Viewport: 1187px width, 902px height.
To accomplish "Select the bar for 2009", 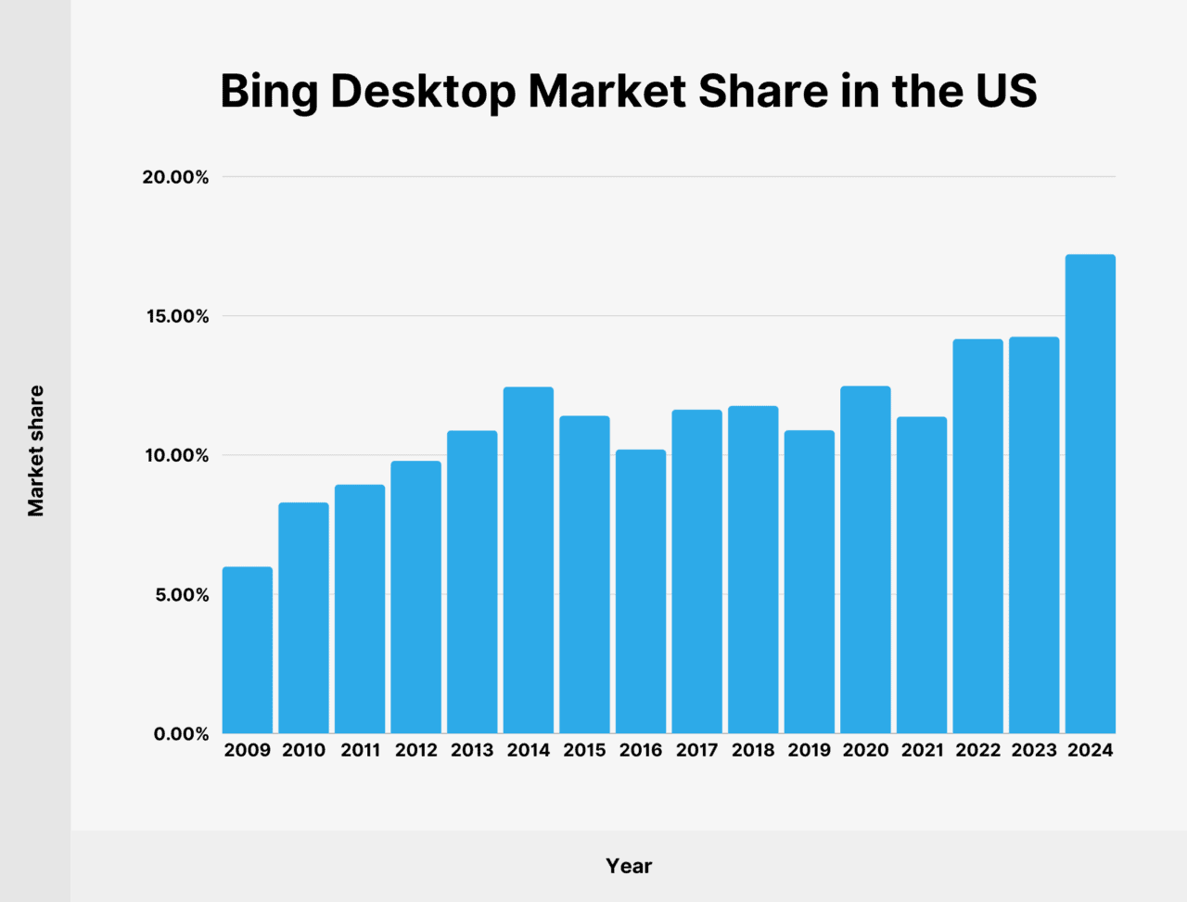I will [x=248, y=650].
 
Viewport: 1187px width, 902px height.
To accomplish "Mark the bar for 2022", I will [x=978, y=537].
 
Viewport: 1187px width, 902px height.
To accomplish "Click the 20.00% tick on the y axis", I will [x=175, y=177].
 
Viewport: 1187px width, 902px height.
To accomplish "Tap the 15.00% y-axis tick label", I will [x=175, y=316].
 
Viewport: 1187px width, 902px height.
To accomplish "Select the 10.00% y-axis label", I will [x=175, y=455].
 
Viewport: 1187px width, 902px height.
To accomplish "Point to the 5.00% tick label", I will [x=180, y=594].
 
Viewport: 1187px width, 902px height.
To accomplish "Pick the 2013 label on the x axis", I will [x=472, y=750].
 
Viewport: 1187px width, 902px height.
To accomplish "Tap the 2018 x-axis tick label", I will [x=753, y=750].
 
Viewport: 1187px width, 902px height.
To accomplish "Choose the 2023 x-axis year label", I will [x=1034, y=750].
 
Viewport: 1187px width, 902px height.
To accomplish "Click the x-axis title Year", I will [x=629, y=866].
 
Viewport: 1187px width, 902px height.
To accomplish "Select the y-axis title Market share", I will [x=35, y=451].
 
